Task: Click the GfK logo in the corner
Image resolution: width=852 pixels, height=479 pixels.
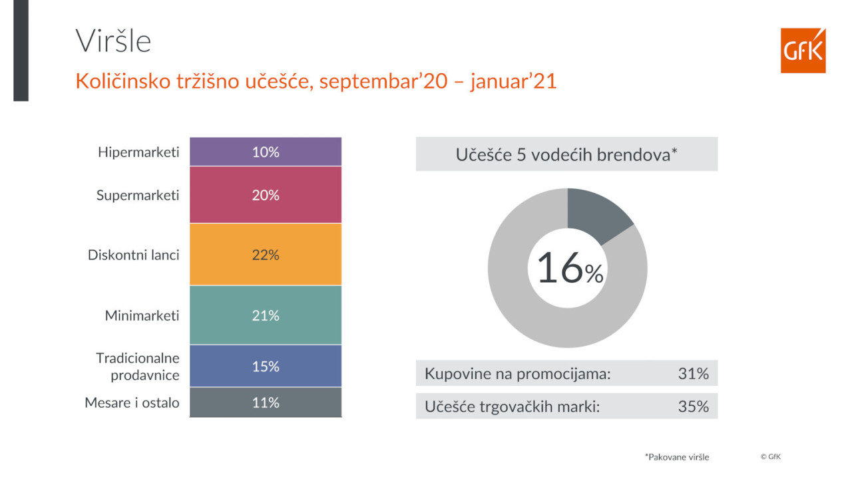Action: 803,51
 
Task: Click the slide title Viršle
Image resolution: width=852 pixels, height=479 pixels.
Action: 113,41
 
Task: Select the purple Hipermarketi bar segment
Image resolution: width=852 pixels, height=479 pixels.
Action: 266,152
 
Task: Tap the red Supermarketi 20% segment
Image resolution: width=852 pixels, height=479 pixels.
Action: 266,195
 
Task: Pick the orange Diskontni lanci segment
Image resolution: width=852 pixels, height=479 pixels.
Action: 266,255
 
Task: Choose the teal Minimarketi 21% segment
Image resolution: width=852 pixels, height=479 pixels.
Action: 266,315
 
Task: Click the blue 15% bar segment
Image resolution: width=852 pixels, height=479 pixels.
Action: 266,366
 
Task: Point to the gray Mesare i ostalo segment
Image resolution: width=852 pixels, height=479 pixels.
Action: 266,402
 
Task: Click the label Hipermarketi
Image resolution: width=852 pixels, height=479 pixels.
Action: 138,152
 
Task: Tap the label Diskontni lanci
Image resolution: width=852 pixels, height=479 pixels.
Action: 134,255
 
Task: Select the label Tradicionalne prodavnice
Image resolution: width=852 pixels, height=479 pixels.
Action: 138,367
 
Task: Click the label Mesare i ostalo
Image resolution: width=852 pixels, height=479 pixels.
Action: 132,402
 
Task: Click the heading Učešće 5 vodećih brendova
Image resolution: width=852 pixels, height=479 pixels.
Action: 566,154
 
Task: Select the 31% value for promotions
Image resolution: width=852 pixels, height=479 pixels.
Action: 693,374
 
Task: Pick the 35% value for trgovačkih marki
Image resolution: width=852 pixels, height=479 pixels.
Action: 693,406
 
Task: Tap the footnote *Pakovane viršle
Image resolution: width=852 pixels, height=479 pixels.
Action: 677,457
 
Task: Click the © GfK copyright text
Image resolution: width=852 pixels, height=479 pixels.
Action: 770,456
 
